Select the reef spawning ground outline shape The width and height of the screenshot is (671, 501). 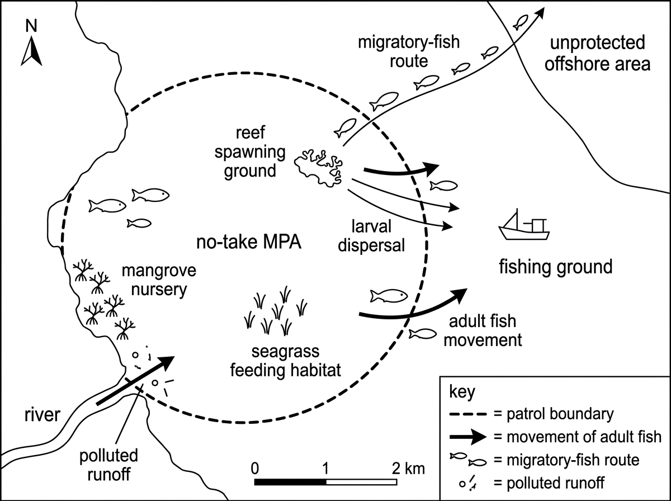319,168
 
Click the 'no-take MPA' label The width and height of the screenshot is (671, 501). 249,243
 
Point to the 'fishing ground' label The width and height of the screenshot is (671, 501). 556,267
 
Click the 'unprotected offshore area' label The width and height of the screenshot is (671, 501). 597,53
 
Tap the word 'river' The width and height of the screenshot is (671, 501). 42,415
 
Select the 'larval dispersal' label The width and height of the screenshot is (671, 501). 371,235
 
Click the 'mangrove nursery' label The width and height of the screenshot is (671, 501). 159,280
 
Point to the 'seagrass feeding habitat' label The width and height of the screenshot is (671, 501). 286,361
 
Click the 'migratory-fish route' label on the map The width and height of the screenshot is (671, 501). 409,51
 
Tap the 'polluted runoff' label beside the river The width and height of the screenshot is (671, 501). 109,465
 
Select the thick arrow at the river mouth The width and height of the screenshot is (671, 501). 135,380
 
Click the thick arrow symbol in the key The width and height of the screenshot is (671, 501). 467,437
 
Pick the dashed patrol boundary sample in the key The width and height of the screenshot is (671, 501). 467,414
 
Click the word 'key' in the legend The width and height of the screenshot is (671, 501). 462,392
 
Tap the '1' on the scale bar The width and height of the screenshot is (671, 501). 325,469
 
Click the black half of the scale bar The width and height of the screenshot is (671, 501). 290,482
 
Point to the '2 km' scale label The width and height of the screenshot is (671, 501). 408,469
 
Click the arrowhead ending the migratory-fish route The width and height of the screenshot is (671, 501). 541,12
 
